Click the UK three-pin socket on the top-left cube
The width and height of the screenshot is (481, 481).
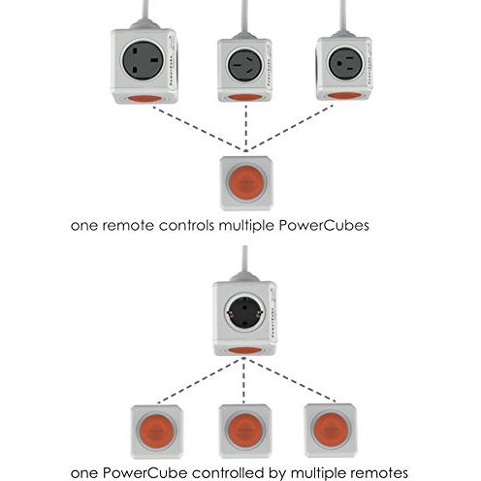tap(144, 60)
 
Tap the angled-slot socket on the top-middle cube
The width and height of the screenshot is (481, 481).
tap(245, 65)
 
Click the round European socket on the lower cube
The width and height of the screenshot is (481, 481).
tap(245, 313)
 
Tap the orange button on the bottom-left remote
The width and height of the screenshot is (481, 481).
tap(156, 432)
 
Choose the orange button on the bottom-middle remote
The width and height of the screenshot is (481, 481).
tap(244, 431)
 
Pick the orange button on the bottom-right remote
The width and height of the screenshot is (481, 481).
tap(331, 430)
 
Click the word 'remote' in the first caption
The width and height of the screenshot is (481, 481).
tap(128, 225)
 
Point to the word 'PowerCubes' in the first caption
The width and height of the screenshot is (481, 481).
tap(324, 225)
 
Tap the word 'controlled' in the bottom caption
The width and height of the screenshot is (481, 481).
tap(228, 473)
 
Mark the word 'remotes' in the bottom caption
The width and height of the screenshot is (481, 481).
tap(376, 473)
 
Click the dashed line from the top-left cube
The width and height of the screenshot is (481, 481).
tap(198, 129)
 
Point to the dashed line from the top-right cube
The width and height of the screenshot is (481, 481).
tap(291, 128)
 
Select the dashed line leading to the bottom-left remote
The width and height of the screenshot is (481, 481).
tap(200, 381)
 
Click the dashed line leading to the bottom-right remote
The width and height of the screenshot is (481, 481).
tap(292, 380)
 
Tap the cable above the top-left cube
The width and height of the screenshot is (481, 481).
tap(145, 13)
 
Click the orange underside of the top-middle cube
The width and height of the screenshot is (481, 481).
tap(244, 97)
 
